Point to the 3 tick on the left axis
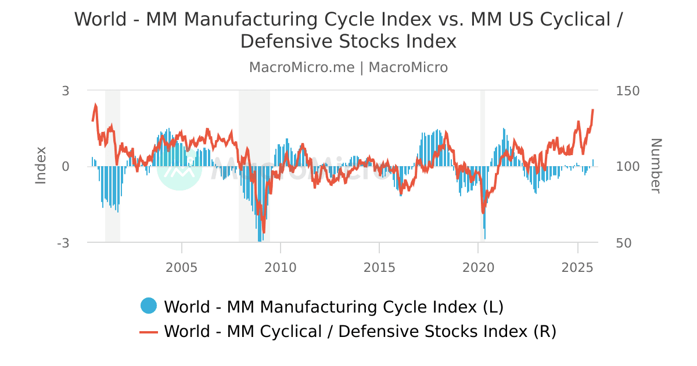66,91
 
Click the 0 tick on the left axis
66,167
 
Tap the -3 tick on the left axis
63,243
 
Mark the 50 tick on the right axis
623,243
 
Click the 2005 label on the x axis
182,268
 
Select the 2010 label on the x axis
281,268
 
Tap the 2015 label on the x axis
379,268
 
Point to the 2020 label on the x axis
478,268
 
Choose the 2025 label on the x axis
578,268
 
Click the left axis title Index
41,166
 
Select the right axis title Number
656,166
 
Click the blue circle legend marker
149,306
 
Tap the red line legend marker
149,332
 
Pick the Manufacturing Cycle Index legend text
333,307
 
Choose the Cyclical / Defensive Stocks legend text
360,332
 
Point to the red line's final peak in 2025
592,110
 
